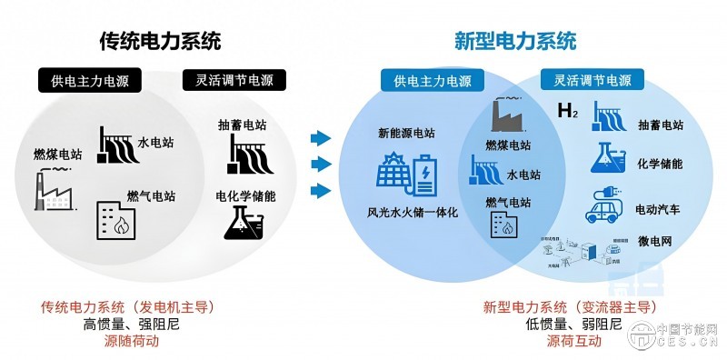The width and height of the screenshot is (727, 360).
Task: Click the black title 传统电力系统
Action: click(x=161, y=41)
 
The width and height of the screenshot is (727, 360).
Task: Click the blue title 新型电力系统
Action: click(x=515, y=41)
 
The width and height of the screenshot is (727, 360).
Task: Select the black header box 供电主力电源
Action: click(x=90, y=81)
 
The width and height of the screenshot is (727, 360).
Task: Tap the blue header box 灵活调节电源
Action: click(x=592, y=80)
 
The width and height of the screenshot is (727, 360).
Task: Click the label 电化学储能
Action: click(x=245, y=195)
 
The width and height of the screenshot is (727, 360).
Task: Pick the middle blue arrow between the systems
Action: click(x=319, y=165)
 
